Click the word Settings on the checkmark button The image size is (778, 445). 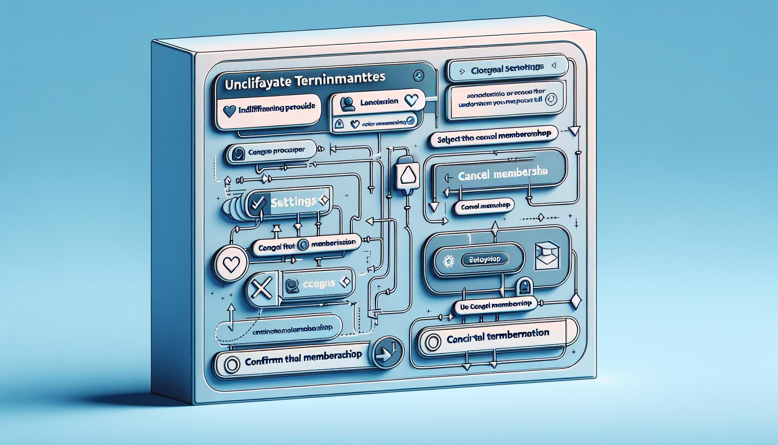(x=293, y=202)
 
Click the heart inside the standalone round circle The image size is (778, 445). (x=230, y=263)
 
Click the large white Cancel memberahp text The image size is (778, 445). (x=502, y=174)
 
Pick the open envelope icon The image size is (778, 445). (x=546, y=256)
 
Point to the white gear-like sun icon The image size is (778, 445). (x=448, y=260)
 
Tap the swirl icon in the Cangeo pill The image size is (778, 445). (x=238, y=153)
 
